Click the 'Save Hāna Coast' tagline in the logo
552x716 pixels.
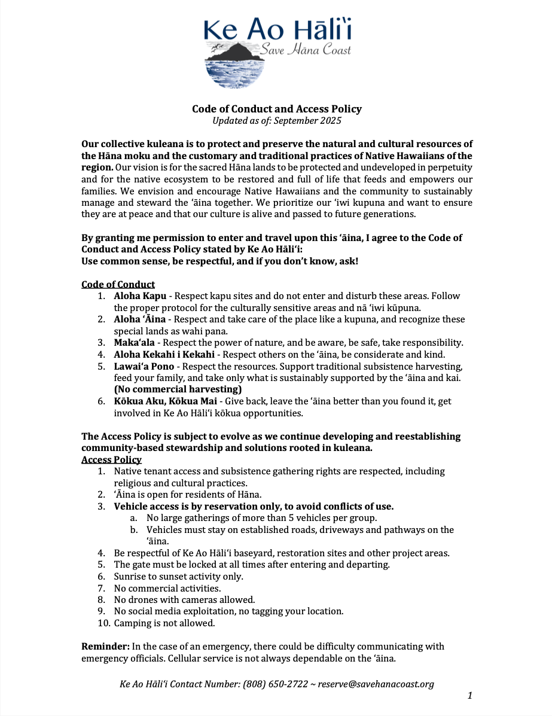click(x=305, y=50)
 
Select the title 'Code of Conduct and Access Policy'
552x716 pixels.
click(x=276, y=109)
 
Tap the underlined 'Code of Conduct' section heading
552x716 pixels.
click(x=118, y=285)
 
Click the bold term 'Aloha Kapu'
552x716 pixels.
click(x=137, y=296)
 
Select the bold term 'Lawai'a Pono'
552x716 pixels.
click(x=144, y=366)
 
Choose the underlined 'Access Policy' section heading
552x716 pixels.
click(x=111, y=459)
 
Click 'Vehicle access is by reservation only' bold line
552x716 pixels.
click(x=254, y=506)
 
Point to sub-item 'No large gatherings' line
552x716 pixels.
click(x=261, y=518)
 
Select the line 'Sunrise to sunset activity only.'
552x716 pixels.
click(x=179, y=577)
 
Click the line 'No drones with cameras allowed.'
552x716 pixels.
click(x=184, y=599)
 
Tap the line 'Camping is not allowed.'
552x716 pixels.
click(x=164, y=623)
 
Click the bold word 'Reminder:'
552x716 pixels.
click(x=105, y=647)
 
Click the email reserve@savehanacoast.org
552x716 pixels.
click(x=376, y=684)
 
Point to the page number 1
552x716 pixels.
click(x=469, y=696)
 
